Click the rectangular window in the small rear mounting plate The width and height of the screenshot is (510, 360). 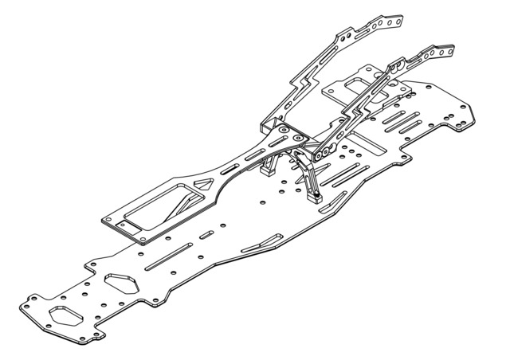343,88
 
